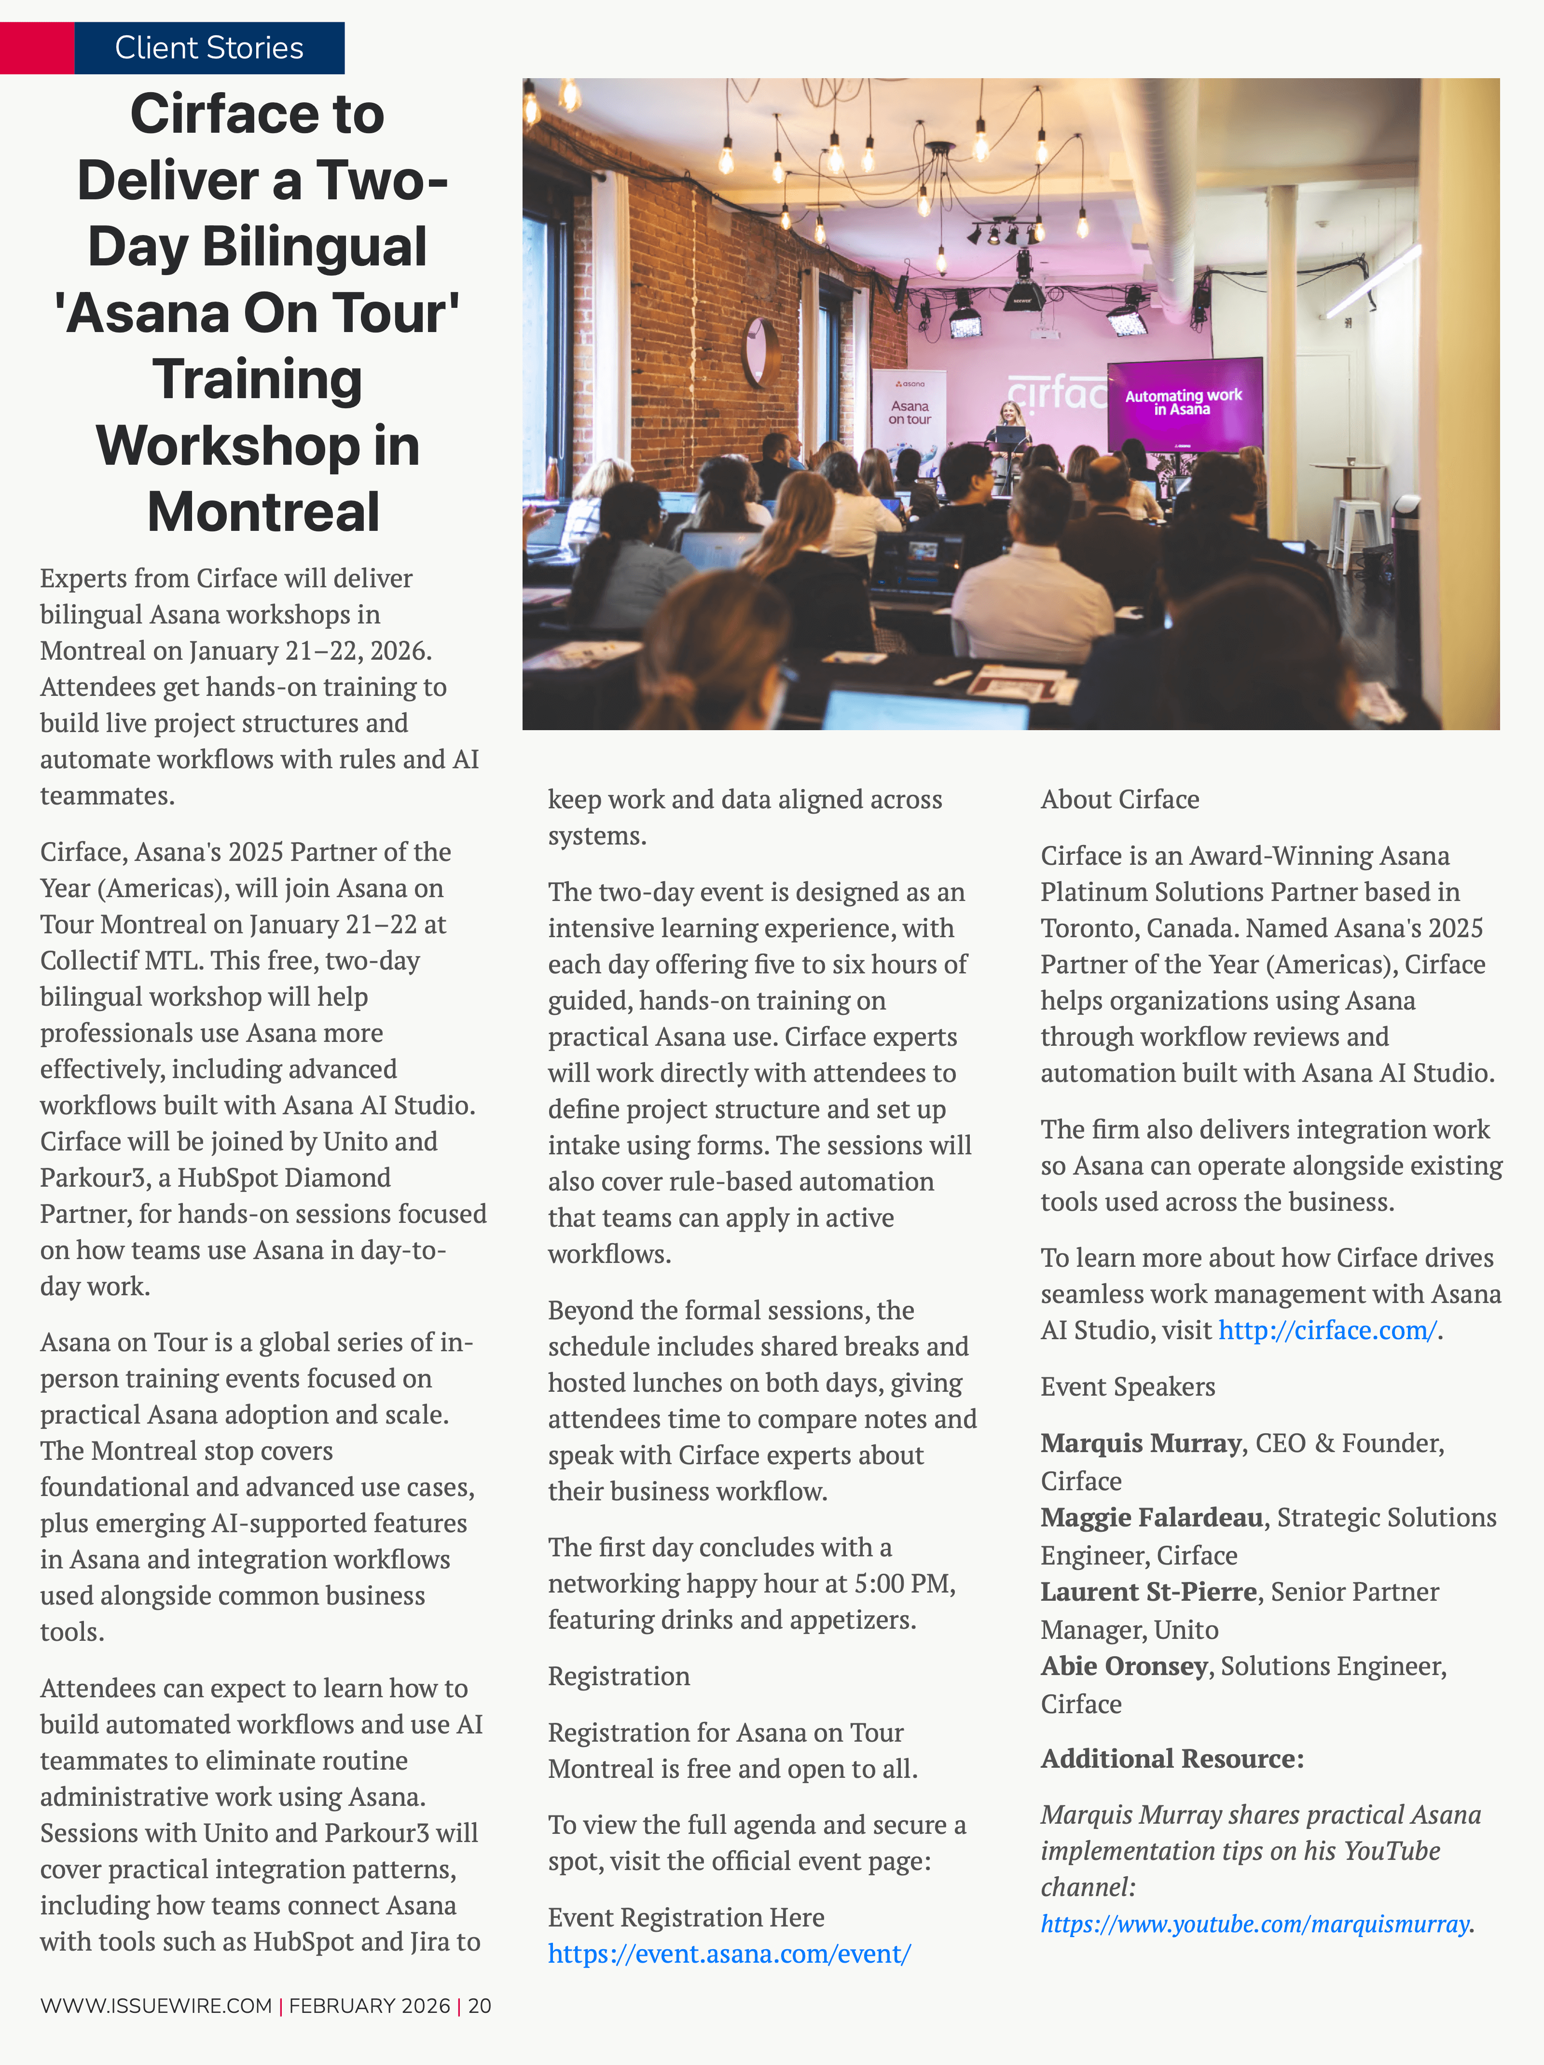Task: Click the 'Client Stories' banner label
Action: [209, 48]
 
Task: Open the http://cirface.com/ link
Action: [1326, 1330]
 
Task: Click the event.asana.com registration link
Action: [729, 1954]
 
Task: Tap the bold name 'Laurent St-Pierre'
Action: [1148, 1592]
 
